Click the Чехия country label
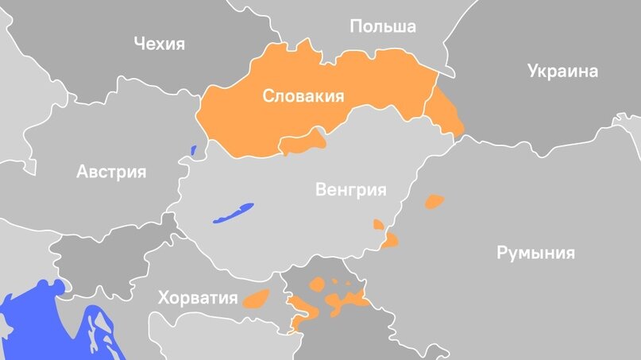click(x=159, y=43)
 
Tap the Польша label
click(x=383, y=27)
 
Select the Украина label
click(x=562, y=72)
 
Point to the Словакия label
click(x=303, y=97)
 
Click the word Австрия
click(x=111, y=171)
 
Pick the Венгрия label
click(x=350, y=190)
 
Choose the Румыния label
click(x=535, y=254)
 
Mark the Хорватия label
click(x=198, y=298)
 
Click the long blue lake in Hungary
click(x=233, y=214)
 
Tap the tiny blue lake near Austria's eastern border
click(x=193, y=149)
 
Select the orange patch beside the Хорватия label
click(x=257, y=299)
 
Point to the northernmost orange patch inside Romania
click(x=434, y=201)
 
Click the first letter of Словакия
click(x=268, y=98)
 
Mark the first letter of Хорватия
click(x=163, y=298)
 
